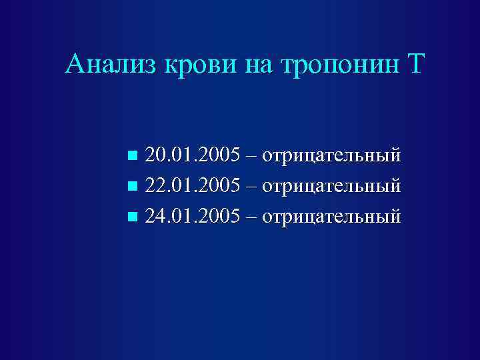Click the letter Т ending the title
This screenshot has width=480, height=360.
point(414,65)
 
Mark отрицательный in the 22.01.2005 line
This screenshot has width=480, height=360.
point(332,186)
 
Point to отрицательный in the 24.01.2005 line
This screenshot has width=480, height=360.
point(332,216)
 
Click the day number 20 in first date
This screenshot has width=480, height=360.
point(154,156)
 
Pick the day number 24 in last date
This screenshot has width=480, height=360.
point(154,216)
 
